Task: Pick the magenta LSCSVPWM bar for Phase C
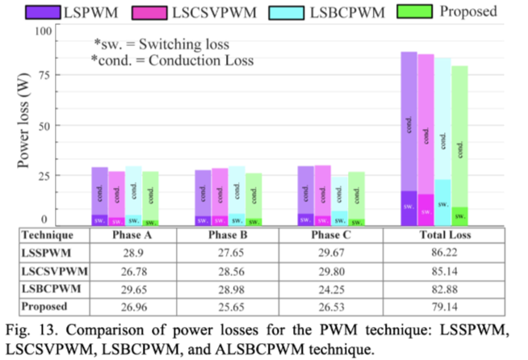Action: tap(322, 195)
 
